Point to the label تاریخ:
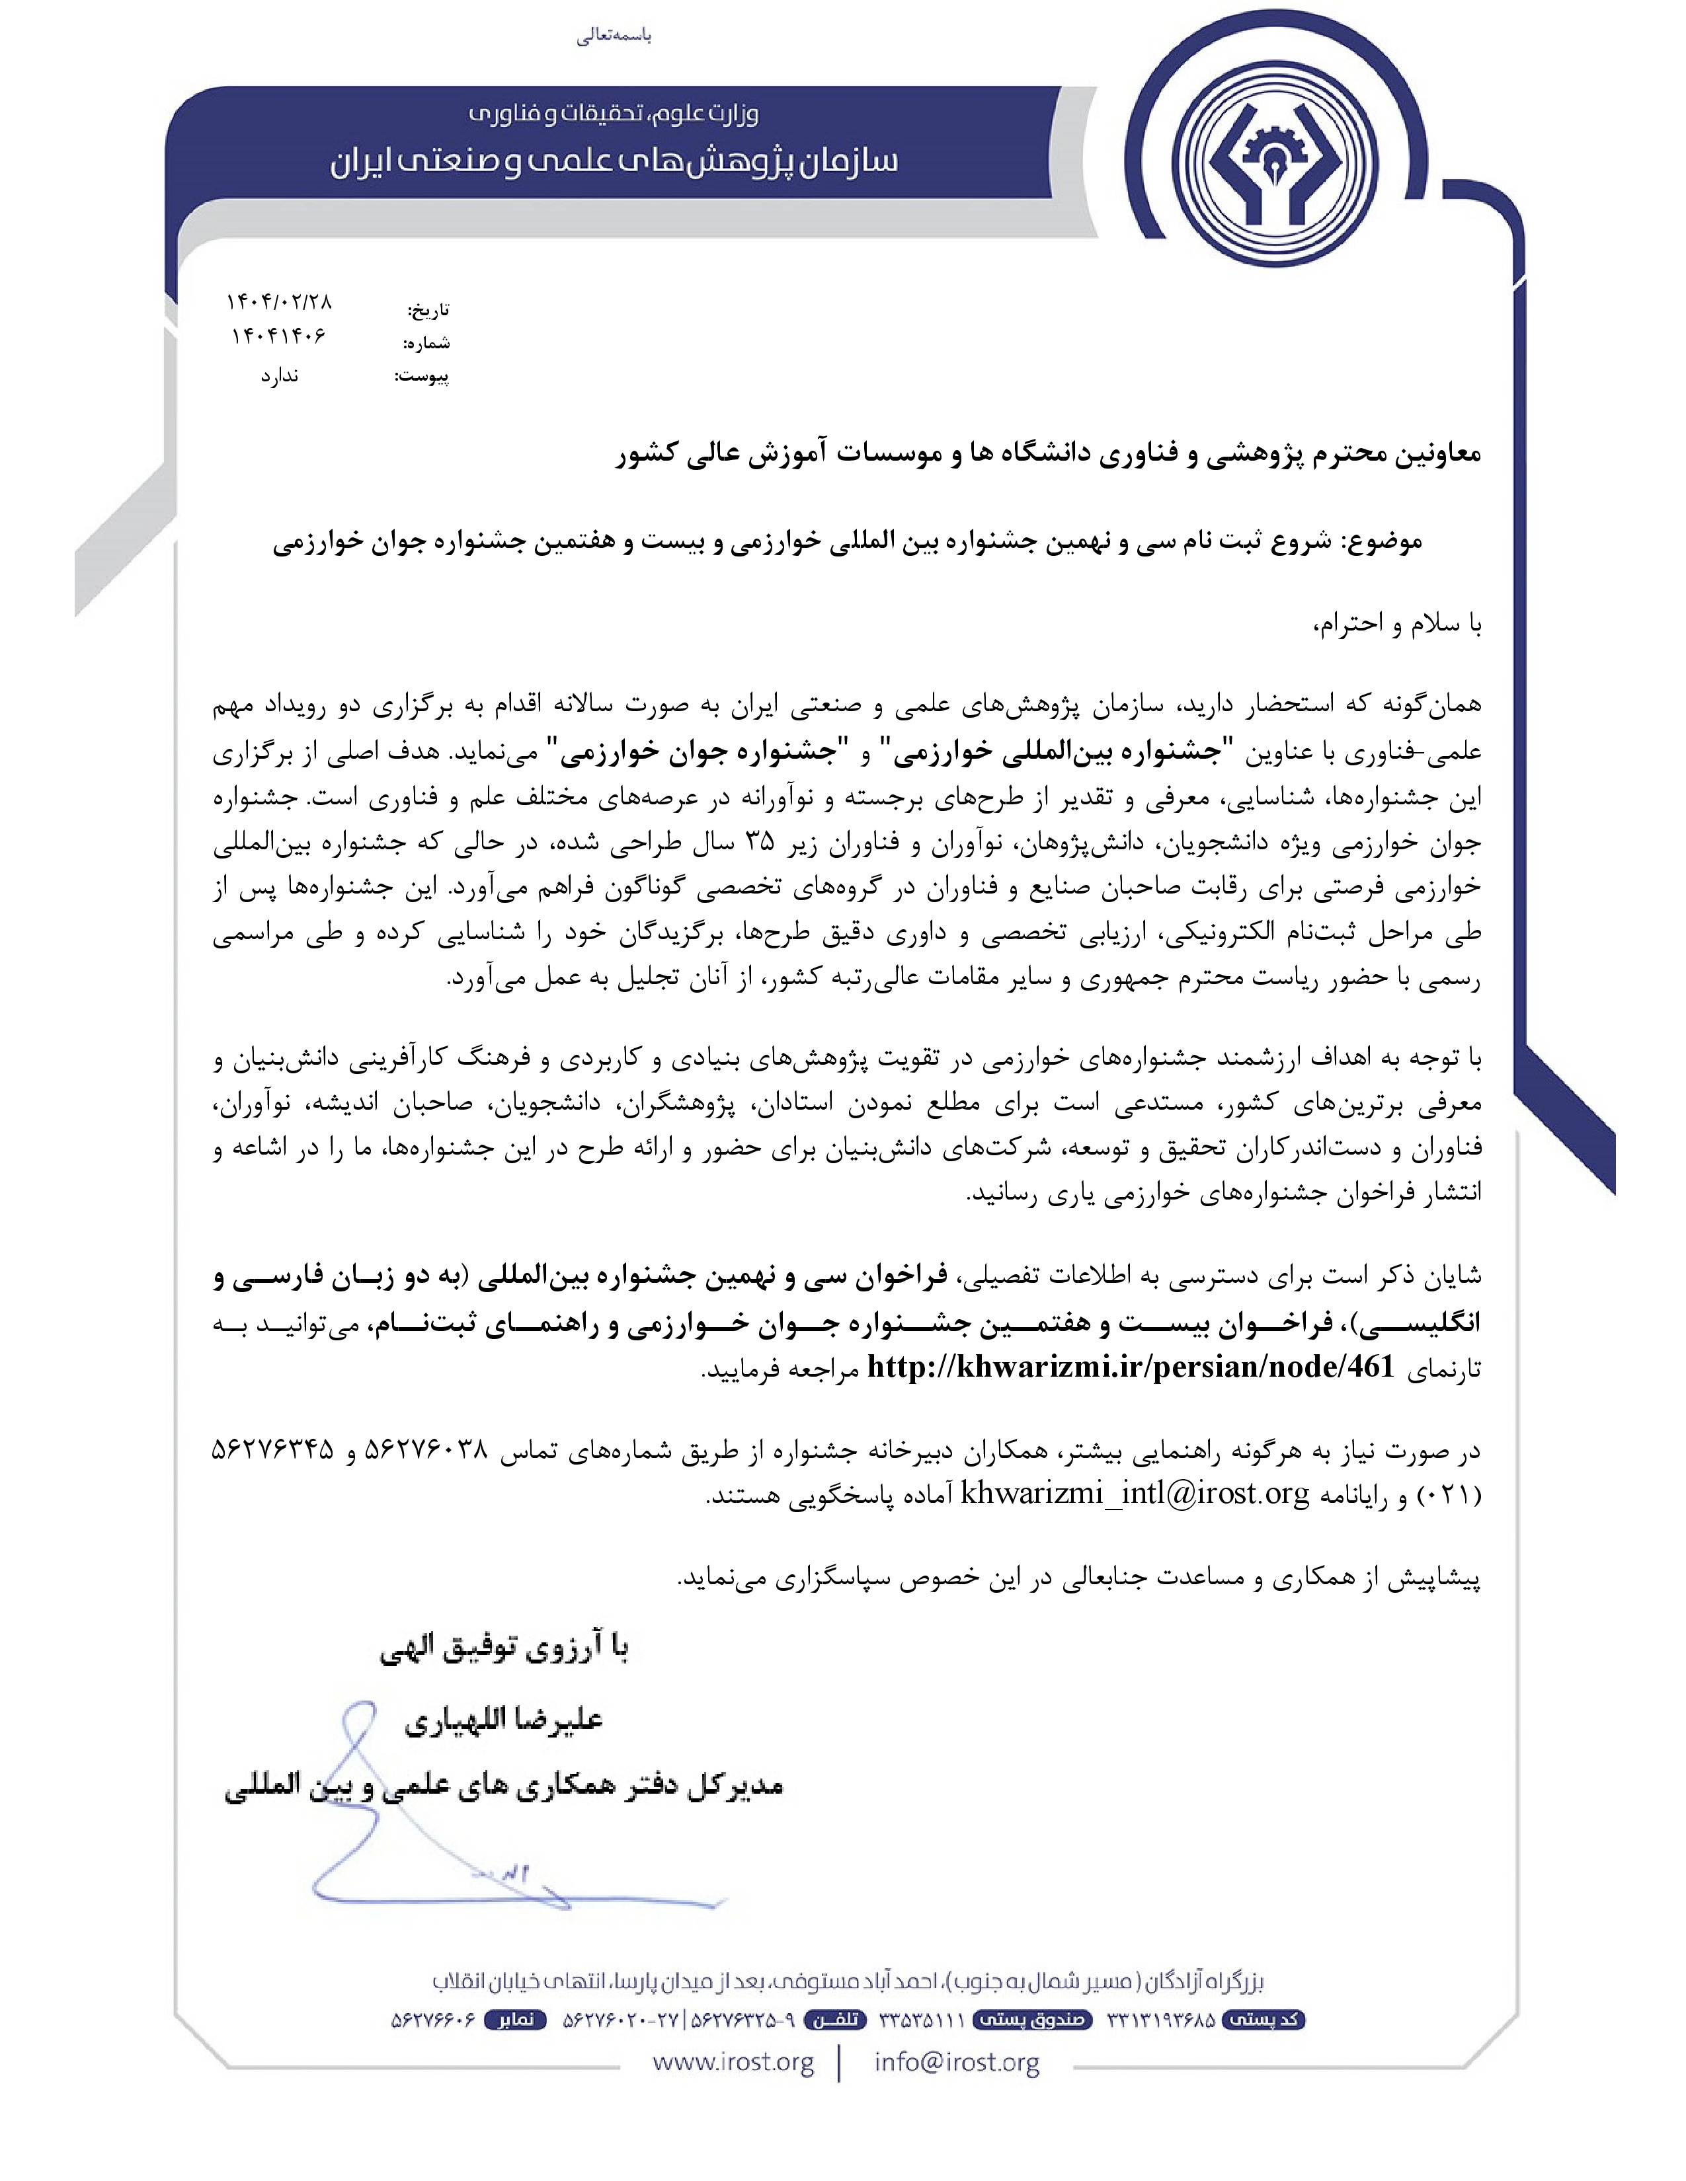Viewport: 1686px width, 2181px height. [x=428, y=309]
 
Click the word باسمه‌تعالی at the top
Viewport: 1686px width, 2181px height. [x=614, y=36]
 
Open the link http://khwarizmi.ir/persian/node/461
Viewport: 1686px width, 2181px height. [x=1130, y=1367]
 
